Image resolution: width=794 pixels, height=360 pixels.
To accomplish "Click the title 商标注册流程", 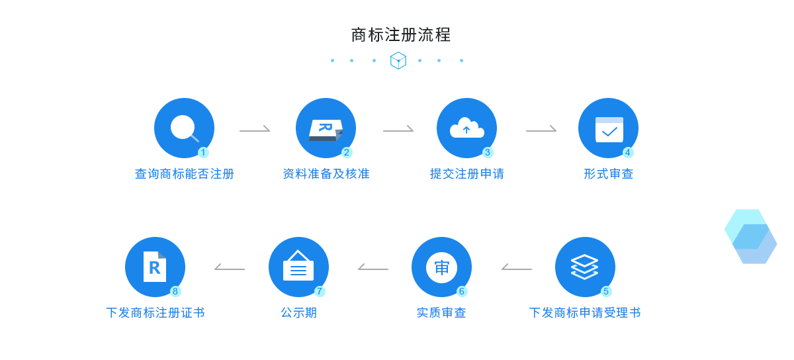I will (401, 34).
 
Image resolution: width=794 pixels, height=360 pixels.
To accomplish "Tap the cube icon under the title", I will (398, 60).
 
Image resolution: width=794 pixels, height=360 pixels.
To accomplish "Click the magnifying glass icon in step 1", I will (183, 128).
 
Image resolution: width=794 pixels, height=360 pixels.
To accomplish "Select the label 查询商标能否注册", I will (185, 174).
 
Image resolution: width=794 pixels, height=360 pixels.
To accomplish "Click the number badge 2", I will (347, 152).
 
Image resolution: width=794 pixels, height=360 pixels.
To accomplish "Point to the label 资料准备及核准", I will (326, 174).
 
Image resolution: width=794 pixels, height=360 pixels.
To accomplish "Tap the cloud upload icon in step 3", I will (466, 128).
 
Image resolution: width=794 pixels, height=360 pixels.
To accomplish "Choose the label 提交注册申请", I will (467, 174).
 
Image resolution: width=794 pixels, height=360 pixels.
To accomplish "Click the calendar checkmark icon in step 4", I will (609, 129).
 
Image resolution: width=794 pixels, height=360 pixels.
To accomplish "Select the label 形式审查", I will (609, 174).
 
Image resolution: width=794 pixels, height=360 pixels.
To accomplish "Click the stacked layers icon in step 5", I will (585, 267).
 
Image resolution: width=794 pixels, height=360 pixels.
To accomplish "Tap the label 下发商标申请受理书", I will (585, 313).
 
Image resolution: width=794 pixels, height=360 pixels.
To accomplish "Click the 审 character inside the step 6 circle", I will (441, 267).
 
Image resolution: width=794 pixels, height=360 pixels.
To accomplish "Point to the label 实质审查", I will (441, 313).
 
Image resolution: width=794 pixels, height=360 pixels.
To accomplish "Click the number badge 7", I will (320, 291).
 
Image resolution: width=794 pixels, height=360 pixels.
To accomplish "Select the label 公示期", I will (299, 313).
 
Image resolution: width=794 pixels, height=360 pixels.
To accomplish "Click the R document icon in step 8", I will (155, 267).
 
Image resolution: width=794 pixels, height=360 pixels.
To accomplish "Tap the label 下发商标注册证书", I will (155, 313).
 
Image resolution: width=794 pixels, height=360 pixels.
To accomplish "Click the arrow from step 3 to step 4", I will (541, 130).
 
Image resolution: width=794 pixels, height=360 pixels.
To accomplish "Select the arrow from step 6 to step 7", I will (373, 268).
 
